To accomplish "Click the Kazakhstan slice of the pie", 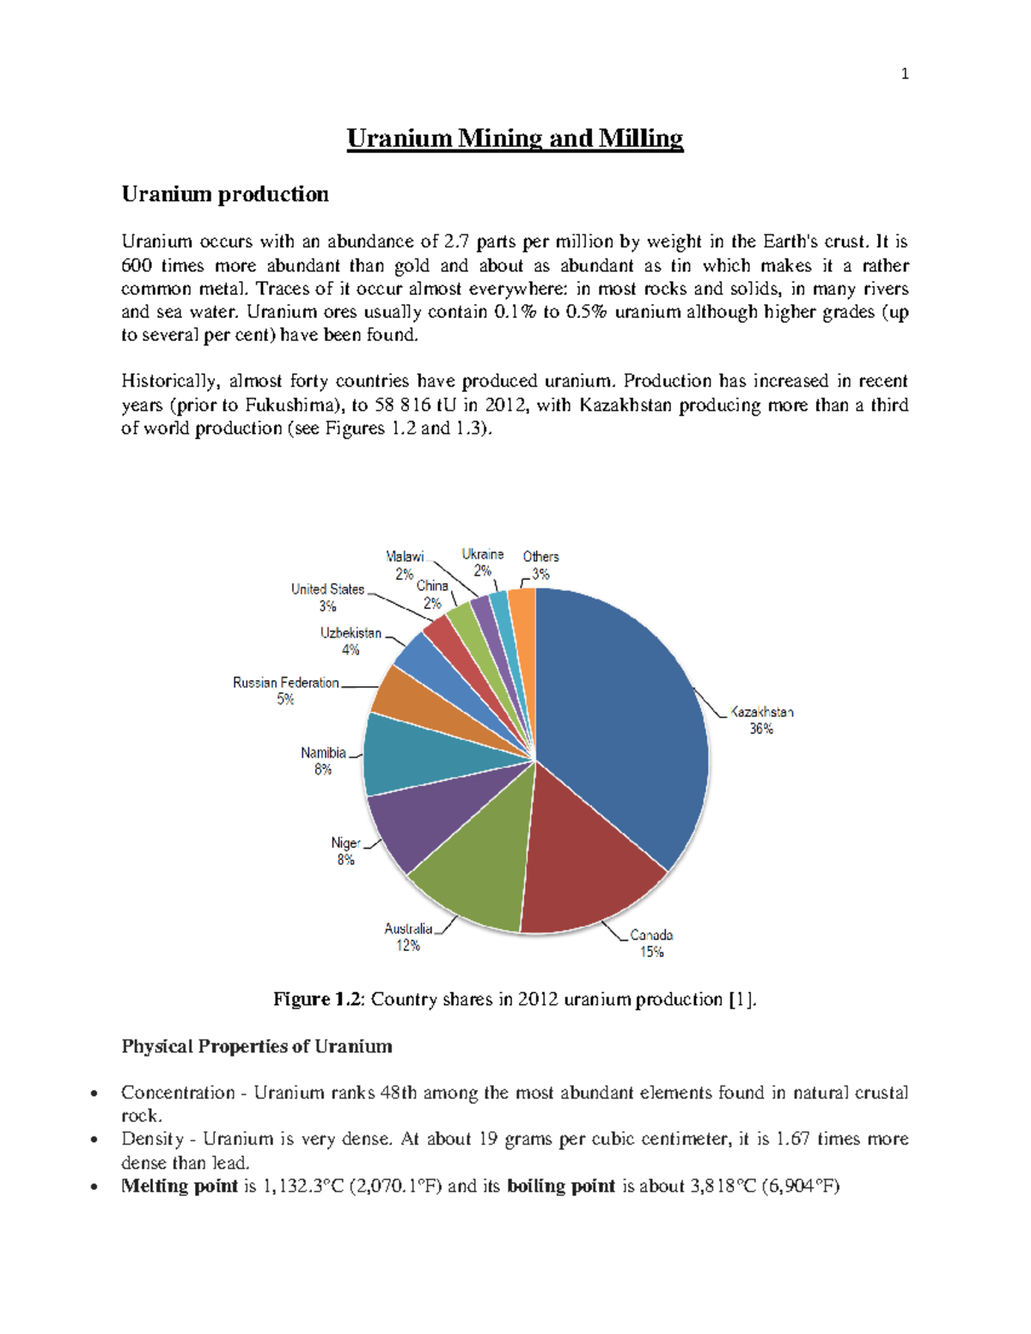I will [x=619, y=722].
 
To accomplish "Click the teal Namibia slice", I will [x=412, y=756].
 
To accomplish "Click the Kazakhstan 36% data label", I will [x=761, y=720].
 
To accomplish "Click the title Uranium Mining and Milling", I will [x=515, y=138].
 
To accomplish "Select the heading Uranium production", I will [x=225, y=194].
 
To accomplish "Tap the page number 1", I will [x=904, y=74].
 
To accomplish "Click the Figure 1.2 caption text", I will [x=515, y=999].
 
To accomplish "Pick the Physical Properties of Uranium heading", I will [x=257, y=1046].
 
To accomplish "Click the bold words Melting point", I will [x=180, y=1186].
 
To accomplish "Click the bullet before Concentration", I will [x=94, y=1093].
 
